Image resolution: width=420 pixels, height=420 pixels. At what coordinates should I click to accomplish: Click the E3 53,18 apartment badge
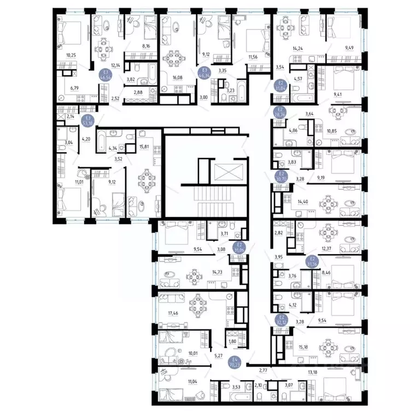pos(87,120)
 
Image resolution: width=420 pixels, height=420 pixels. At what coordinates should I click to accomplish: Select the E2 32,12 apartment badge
pos(281,320)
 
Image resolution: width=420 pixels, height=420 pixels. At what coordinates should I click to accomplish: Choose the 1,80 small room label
pos(231,341)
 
